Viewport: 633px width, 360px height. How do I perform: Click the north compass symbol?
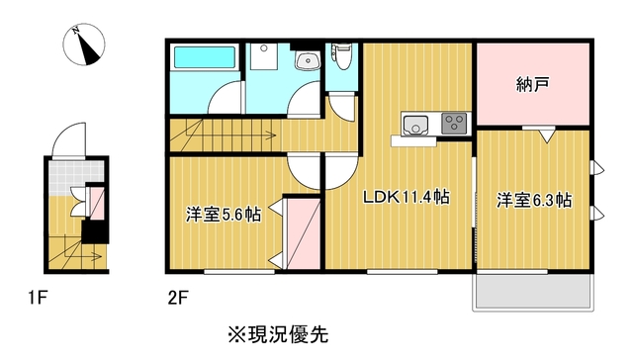(84, 45)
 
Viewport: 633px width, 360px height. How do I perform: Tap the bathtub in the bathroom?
(205, 57)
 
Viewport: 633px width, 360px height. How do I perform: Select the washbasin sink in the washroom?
(308, 61)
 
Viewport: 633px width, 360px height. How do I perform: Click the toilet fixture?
(341, 56)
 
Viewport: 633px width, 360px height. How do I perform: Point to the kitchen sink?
(415, 124)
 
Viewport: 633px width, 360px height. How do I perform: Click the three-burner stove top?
(454, 123)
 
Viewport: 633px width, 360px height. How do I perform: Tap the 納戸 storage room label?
(532, 85)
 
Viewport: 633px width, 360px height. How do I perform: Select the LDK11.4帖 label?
(407, 198)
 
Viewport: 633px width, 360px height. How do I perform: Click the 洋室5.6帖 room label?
(223, 215)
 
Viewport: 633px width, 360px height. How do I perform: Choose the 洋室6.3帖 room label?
(534, 200)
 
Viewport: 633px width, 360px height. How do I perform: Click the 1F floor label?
(38, 299)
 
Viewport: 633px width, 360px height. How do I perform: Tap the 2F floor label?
(178, 299)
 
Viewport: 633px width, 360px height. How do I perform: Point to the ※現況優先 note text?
(278, 334)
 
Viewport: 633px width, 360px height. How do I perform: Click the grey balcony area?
(533, 292)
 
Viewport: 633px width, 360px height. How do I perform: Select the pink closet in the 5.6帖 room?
(304, 233)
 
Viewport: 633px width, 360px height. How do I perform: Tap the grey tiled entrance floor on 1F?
(75, 178)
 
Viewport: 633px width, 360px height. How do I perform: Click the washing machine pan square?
(264, 56)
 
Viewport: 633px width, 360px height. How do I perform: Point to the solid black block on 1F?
(95, 232)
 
